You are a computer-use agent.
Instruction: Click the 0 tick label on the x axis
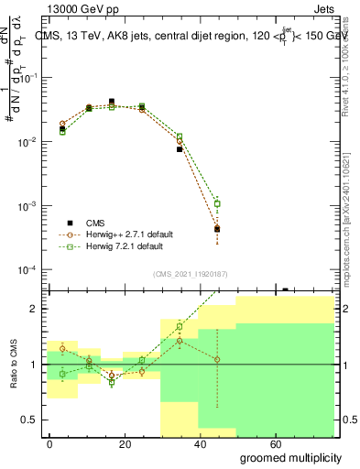[x=49, y=442]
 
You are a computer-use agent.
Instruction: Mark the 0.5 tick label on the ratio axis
[x=27, y=420]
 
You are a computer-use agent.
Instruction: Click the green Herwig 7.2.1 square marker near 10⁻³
[x=217, y=203]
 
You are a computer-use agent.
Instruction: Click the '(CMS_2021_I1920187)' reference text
[x=191, y=274]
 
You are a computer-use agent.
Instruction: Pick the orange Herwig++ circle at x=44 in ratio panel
[x=217, y=359]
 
